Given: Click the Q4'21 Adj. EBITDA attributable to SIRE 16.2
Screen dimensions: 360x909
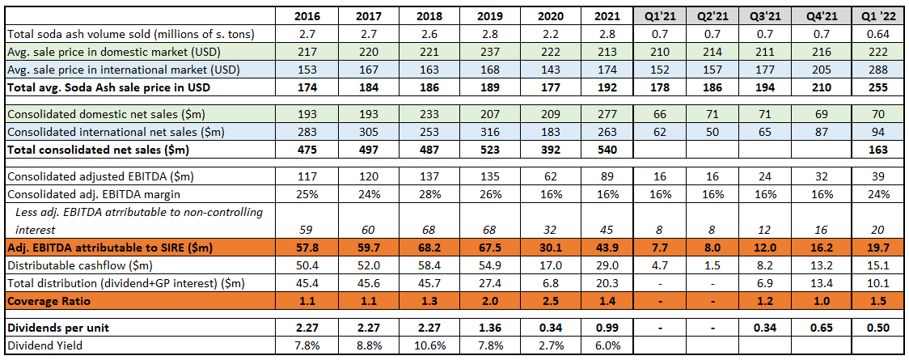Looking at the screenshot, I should tap(820, 248).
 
